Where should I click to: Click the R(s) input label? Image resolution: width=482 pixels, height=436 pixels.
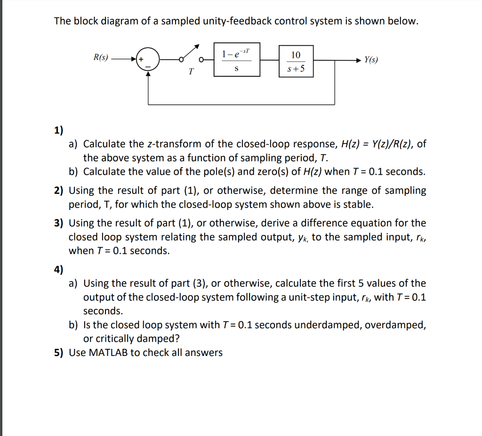coord(100,58)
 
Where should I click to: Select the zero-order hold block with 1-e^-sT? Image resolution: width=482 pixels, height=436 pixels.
coord(237,60)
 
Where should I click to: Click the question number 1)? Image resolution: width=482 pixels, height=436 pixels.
coord(58,130)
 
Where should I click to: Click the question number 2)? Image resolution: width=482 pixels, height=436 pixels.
coord(58,191)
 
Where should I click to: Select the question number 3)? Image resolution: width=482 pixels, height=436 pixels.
coord(58,223)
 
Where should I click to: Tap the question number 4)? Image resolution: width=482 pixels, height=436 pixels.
coord(58,269)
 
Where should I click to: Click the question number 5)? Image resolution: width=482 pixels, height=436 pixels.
coord(58,353)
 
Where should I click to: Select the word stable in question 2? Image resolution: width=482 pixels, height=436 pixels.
coord(360,205)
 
